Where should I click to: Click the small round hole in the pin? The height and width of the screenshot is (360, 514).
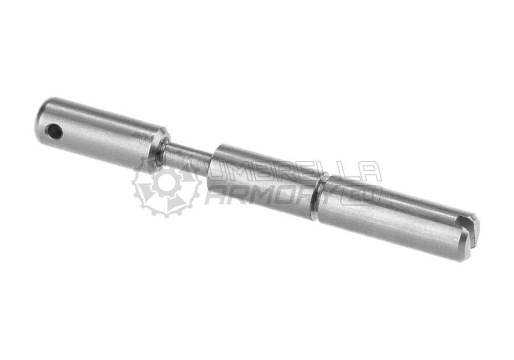[55, 132]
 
